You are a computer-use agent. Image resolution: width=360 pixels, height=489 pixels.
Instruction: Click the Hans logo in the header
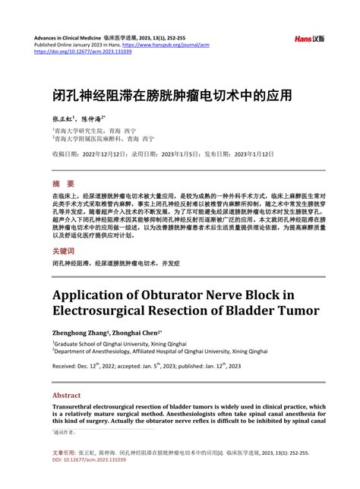[313, 36]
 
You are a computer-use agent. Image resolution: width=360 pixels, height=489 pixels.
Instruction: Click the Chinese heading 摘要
[63, 184]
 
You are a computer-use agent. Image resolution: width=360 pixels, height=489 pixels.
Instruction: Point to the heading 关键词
[63, 251]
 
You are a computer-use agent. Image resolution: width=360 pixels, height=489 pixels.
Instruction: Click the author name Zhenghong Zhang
[81, 333]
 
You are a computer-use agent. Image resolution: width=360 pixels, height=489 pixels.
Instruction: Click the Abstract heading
[66, 396]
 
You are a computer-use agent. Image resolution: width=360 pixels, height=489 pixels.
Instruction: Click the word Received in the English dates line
[66, 367]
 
